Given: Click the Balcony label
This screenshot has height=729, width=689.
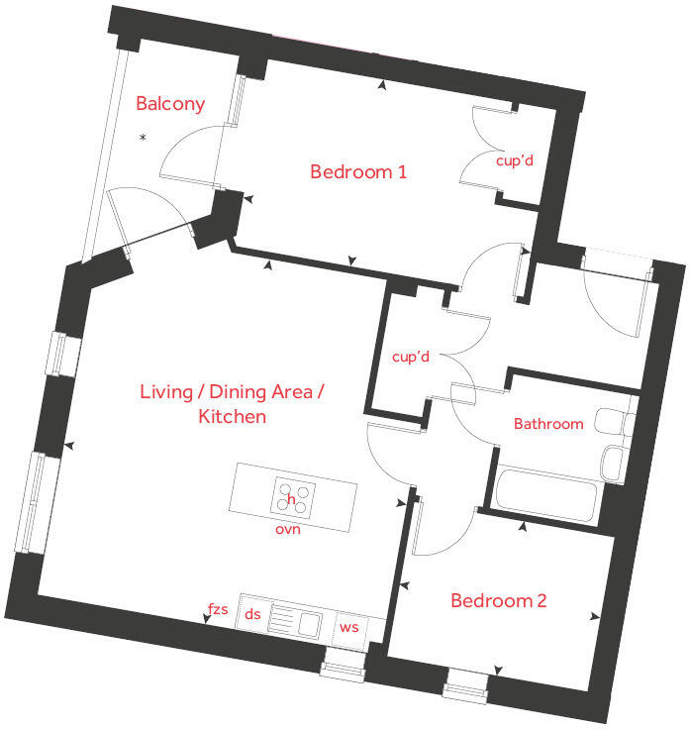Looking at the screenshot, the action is (x=170, y=104).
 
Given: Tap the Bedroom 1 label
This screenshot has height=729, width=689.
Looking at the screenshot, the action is (x=358, y=171).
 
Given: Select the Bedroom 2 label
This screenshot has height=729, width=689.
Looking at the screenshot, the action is (x=499, y=600).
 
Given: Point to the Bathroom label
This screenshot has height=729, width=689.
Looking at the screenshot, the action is (x=548, y=424).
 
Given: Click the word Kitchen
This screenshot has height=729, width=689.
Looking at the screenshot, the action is (x=233, y=417).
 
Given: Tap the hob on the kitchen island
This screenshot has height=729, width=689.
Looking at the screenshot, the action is (x=293, y=496).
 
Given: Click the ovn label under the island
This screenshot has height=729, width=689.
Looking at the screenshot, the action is (x=288, y=529).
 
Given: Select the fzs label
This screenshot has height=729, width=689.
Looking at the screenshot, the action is (x=218, y=608).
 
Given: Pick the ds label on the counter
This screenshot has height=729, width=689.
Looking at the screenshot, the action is (x=252, y=614).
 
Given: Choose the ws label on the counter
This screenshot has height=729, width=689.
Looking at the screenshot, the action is (x=348, y=627).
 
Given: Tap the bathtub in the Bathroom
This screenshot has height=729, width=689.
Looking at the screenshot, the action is (x=545, y=495).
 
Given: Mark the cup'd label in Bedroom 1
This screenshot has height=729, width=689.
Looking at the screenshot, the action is (x=515, y=160).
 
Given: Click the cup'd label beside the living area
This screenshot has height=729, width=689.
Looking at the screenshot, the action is (x=410, y=357).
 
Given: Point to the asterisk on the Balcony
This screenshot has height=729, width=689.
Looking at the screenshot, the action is (x=144, y=137).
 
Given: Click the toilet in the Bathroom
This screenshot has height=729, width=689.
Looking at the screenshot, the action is (x=614, y=422).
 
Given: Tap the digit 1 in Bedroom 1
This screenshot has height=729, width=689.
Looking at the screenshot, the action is (x=402, y=172).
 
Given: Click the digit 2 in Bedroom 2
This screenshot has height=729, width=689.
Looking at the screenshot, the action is (x=541, y=600).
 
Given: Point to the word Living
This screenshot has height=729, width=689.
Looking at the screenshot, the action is (x=166, y=392).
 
